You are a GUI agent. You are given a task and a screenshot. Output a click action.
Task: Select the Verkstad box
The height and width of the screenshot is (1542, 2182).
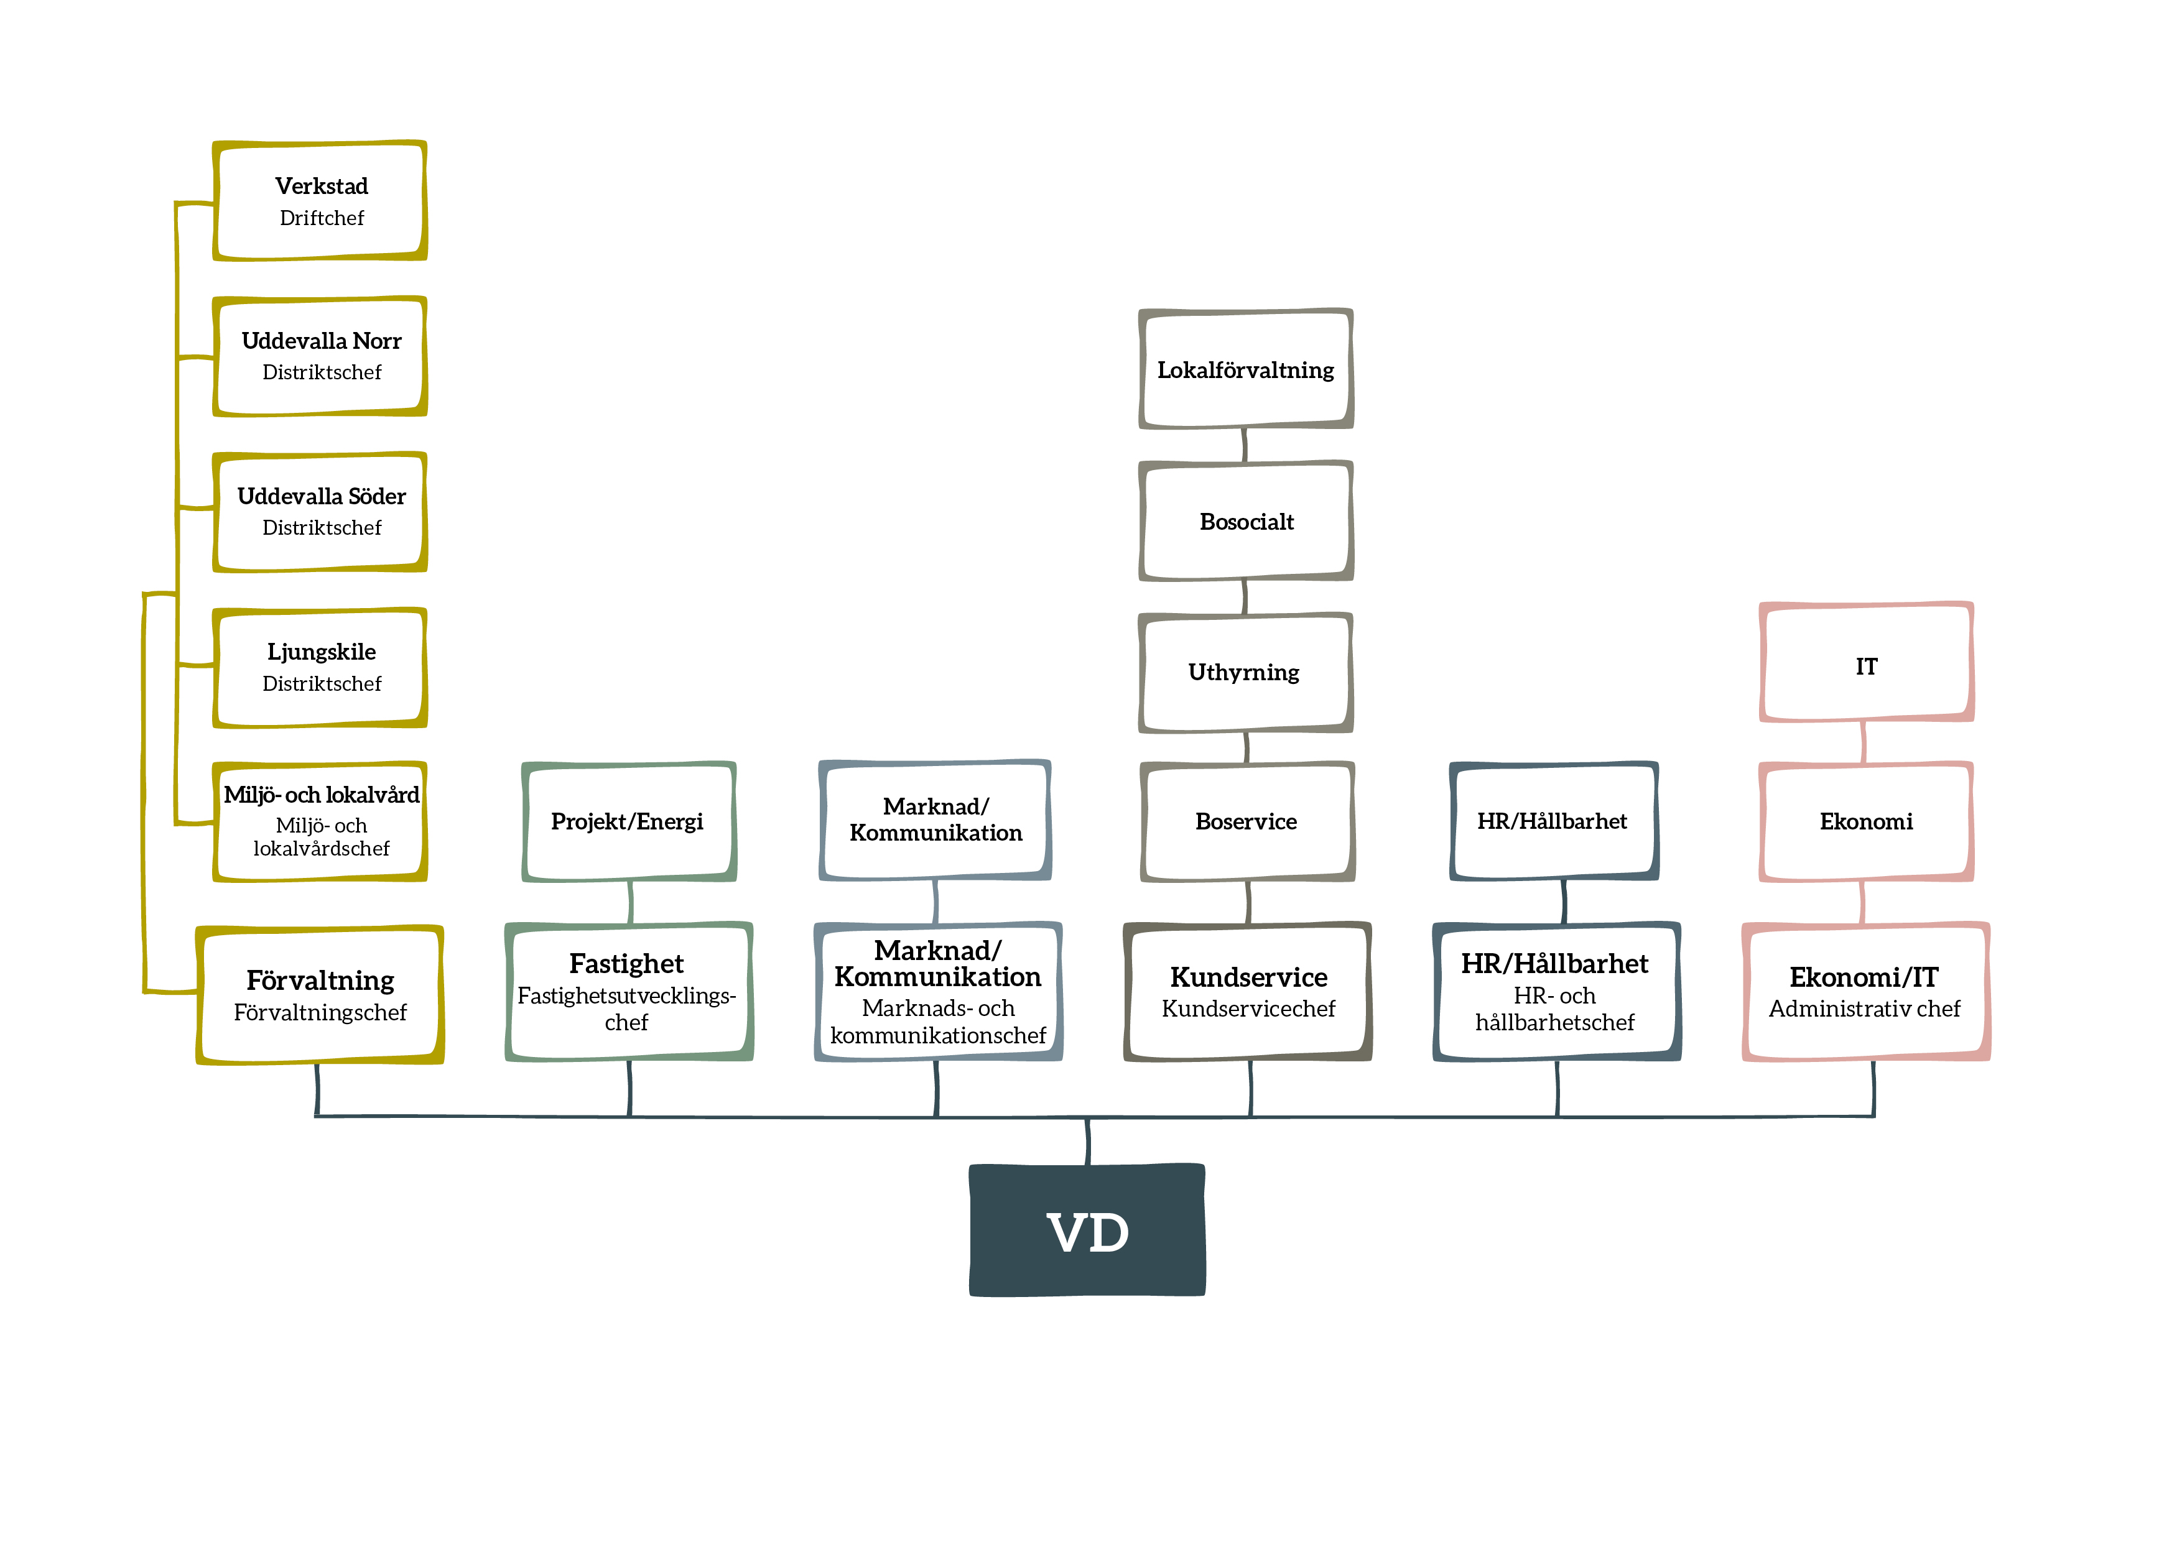click(x=320, y=200)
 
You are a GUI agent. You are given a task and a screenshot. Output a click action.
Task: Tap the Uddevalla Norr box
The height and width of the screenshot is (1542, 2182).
click(x=320, y=356)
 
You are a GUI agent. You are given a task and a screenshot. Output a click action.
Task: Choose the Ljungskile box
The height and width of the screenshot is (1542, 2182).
click(x=320, y=668)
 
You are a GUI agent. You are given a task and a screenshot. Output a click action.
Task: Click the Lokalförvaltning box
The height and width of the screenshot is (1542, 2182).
click(x=1246, y=369)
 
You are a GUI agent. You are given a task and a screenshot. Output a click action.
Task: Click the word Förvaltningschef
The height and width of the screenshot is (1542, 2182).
click(x=320, y=1013)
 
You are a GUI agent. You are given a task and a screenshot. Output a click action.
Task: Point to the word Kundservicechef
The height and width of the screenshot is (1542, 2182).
click(x=1248, y=1009)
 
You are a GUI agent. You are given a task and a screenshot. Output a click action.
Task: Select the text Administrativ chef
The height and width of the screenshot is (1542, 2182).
click(x=1864, y=1009)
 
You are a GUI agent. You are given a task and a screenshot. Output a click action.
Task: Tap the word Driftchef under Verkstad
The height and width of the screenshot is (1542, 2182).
click(x=321, y=218)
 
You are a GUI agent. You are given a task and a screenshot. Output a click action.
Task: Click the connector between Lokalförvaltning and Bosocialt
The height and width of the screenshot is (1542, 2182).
click(x=1244, y=445)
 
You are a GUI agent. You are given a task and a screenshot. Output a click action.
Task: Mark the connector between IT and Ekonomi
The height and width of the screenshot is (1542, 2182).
click(x=1863, y=742)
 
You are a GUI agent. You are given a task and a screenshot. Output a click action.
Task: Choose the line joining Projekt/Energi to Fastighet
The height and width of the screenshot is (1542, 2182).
click(x=630, y=902)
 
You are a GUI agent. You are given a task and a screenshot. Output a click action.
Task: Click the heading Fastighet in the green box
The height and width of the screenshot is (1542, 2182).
click(x=626, y=963)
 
